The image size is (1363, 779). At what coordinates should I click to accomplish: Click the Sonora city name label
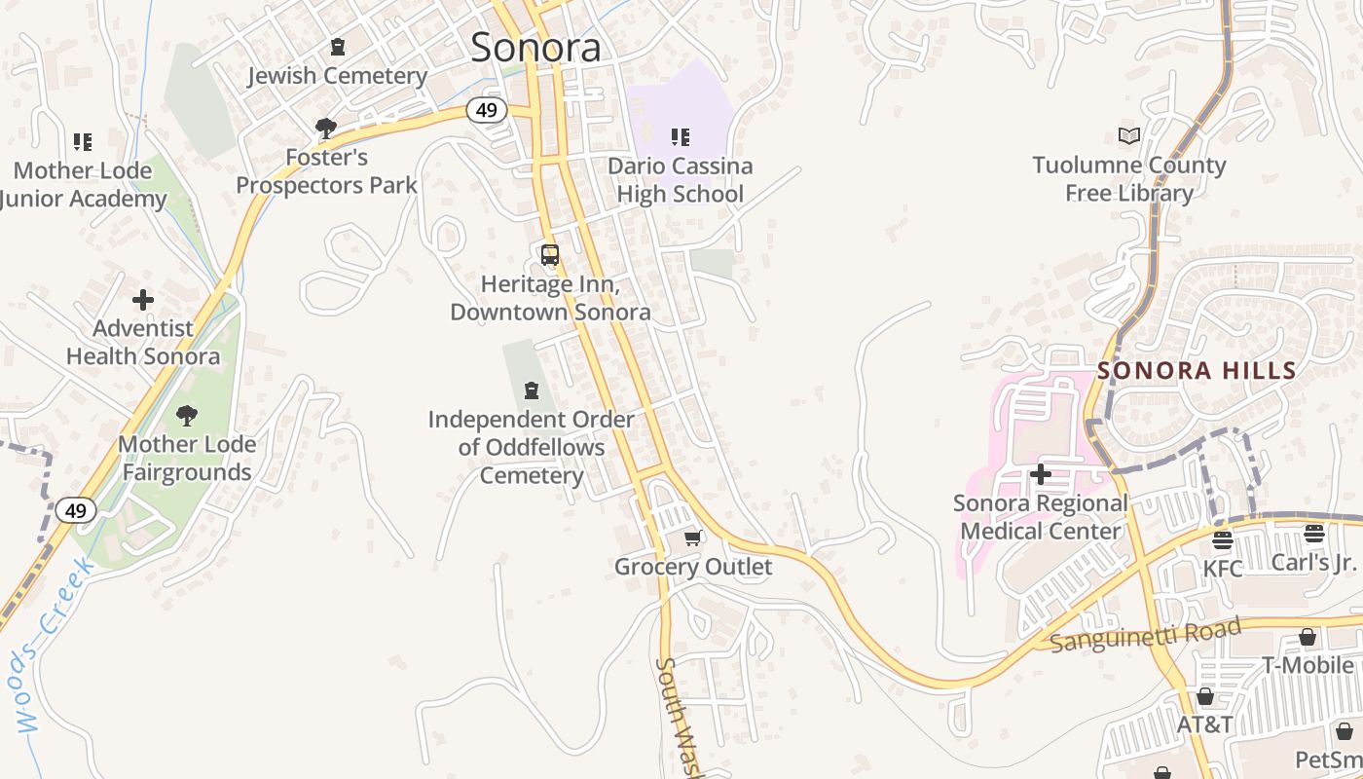(535, 47)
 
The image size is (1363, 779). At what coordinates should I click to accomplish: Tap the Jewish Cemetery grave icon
(338, 47)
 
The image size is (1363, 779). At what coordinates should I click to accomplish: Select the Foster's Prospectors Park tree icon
(325, 128)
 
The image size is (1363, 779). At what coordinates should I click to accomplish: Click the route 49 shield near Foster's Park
(486, 110)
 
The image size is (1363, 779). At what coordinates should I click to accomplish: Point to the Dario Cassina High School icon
(680, 137)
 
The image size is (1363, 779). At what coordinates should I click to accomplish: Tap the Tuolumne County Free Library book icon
(1129, 136)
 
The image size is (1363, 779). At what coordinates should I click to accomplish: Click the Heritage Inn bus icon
(550, 255)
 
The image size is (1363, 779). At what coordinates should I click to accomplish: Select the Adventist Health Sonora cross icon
(143, 300)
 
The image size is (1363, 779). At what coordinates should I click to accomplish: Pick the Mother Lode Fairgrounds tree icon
(186, 416)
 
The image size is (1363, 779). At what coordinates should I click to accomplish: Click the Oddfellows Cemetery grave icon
(532, 390)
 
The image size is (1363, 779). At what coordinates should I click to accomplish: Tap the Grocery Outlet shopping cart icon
(693, 538)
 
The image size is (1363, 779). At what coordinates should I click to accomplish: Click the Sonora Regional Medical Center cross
(1041, 474)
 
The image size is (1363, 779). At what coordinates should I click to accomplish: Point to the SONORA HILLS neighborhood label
(1197, 371)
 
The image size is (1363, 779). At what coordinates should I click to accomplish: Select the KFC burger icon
(1223, 539)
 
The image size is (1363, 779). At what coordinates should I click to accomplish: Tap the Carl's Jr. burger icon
(1314, 534)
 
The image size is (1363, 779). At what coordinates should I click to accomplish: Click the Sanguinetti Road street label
(1146, 635)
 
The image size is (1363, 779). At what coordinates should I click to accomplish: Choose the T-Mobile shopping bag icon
(1308, 637)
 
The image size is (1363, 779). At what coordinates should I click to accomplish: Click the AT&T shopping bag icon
(1205, 696)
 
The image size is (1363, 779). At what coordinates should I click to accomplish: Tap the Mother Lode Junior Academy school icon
(83, 142)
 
